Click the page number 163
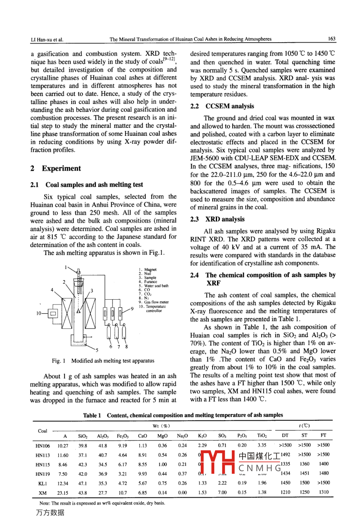(x=332, y=39)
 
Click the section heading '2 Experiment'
(x=55, y=169)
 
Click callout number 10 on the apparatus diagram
(x=39, y=313)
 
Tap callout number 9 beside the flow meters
(x=132, y=309)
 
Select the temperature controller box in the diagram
(x=53, y=313)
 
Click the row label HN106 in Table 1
(x=43, y=446)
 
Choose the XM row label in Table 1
(x=43, y=493)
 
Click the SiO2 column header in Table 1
(x=83, y=436)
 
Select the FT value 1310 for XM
(x=324, y=492)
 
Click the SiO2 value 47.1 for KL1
(x=82, y=483)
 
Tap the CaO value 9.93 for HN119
(x=142, y=474)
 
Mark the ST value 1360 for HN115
(x=305, y=464)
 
